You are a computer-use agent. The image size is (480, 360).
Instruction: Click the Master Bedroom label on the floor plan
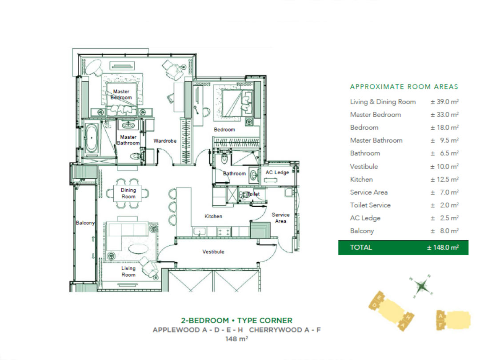coord(121,94)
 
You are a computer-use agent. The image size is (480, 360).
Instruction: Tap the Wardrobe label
coord(165,141)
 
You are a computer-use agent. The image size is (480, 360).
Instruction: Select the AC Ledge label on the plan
coord(277,172)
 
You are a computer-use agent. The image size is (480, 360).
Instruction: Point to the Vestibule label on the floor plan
coord(213,252)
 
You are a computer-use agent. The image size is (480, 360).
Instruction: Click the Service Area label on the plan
coord(280,218)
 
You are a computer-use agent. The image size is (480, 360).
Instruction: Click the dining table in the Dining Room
coord(128,193)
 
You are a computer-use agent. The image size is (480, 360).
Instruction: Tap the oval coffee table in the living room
coord(138,248)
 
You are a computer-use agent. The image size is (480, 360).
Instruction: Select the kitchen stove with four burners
coord(224,232)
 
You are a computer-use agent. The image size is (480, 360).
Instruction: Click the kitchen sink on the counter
coord(200,232)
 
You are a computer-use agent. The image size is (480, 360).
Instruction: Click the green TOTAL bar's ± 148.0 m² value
coord(443,248)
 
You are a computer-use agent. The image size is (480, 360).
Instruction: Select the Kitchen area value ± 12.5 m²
coord(444,180)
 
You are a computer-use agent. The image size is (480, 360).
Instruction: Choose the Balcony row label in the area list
coord(362,231)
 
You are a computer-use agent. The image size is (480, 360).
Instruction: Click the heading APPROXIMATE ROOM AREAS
coord(404,87)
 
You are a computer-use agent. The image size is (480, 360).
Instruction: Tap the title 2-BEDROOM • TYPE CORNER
coord(236,320)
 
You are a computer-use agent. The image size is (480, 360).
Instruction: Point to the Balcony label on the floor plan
coord(85,223)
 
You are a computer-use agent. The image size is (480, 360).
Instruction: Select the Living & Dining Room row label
coord(383,102)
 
